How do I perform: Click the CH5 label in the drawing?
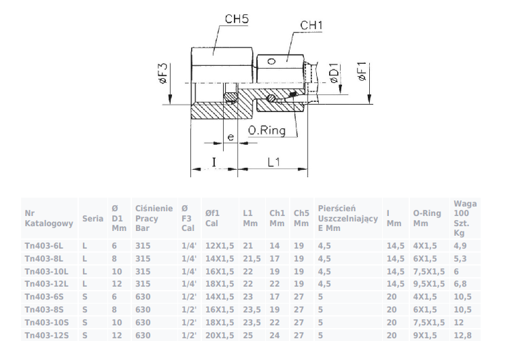(237, 19)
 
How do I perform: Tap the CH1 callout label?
(311, 25)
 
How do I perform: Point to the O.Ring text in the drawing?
(267, 130)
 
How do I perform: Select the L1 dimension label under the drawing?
(274, 162)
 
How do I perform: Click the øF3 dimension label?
(163, 73)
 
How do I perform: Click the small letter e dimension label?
(230, 137)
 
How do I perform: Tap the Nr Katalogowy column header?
(49, 219)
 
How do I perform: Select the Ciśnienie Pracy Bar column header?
(154, 218)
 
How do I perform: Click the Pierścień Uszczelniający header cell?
(348, 218)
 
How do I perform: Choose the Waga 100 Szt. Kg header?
(465, 218)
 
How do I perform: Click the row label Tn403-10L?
(46, 272)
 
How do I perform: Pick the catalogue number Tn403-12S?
(46, 336)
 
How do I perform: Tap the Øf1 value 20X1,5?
(220, 336)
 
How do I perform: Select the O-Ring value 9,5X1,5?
(429, 284)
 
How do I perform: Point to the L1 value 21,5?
(252, 259)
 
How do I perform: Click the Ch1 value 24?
(275, 336)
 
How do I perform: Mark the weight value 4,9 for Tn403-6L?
(460, 246)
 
